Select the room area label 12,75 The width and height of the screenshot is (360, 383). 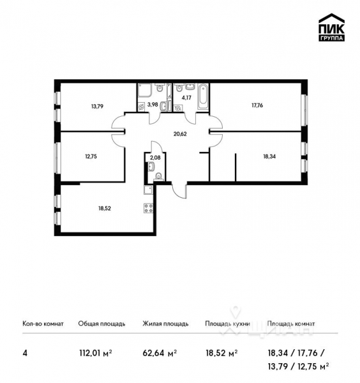click(89, 154)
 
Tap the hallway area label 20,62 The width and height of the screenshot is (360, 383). click(181, 133)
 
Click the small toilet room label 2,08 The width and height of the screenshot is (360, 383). click(154, 156)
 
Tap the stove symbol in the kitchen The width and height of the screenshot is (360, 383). click(149, 207)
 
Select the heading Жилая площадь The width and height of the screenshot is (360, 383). click(165, 324)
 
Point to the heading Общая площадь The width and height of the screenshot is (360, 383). click(97, 324)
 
